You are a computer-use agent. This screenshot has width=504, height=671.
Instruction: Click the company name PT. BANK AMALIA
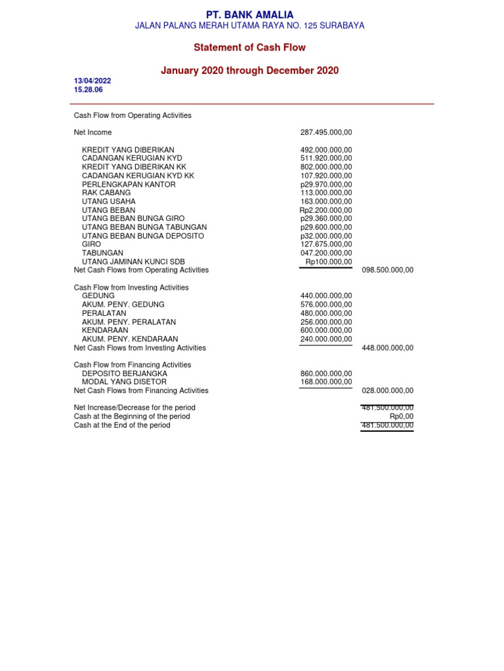tap(249, 14)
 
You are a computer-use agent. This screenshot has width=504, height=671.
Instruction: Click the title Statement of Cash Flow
tap(249, 48)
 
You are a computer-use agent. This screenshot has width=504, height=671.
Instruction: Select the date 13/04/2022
tap(93, 81)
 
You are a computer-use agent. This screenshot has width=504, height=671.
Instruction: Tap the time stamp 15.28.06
tap(89, 90)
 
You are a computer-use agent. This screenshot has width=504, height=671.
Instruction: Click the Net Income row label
tap(93, 132)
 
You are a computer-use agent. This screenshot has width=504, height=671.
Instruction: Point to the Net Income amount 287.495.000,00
tap(326, 132)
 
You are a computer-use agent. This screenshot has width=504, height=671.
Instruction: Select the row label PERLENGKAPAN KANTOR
tap(129, 185)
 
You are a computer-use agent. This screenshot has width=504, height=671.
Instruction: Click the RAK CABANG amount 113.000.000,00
tap(326, 193)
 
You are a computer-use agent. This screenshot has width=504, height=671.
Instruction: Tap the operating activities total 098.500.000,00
tap(388, 270)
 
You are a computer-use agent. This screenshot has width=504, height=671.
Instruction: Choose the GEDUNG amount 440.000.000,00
tap(326, 296)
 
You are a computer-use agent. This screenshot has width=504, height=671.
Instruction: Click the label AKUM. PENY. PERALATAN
tap(129, 322)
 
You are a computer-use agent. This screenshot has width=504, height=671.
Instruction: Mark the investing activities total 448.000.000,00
tap(388, 348)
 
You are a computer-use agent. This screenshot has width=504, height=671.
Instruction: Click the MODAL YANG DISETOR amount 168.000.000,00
tap(326, 382)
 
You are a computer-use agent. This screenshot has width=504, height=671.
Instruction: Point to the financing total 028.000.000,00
tap(388, 391)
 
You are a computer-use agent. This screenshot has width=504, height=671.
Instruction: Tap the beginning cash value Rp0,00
tap(401, 416)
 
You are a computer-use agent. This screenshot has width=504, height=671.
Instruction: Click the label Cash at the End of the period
tap(122, 425)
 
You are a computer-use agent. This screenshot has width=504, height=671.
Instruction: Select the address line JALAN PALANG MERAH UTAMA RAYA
tap(249, 26)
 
